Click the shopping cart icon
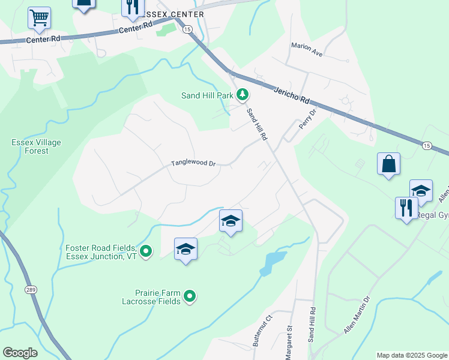39,19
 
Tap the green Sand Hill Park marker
243,94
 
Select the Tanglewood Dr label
193,163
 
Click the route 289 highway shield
31,289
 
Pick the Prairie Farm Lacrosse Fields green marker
190,296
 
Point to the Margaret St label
289,343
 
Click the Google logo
20,353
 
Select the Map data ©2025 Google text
412,355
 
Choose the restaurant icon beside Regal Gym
406,208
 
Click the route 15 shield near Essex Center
188,29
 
